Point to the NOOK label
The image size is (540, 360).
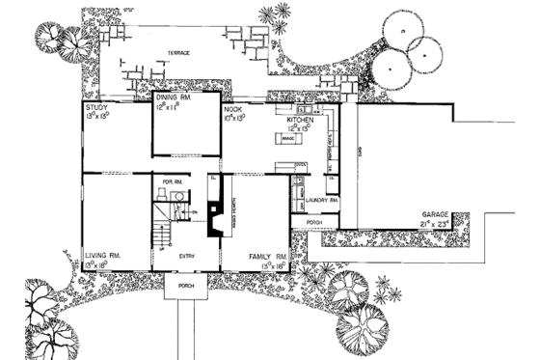(x=231, y=110)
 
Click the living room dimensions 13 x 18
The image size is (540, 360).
(x=99, y=263)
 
